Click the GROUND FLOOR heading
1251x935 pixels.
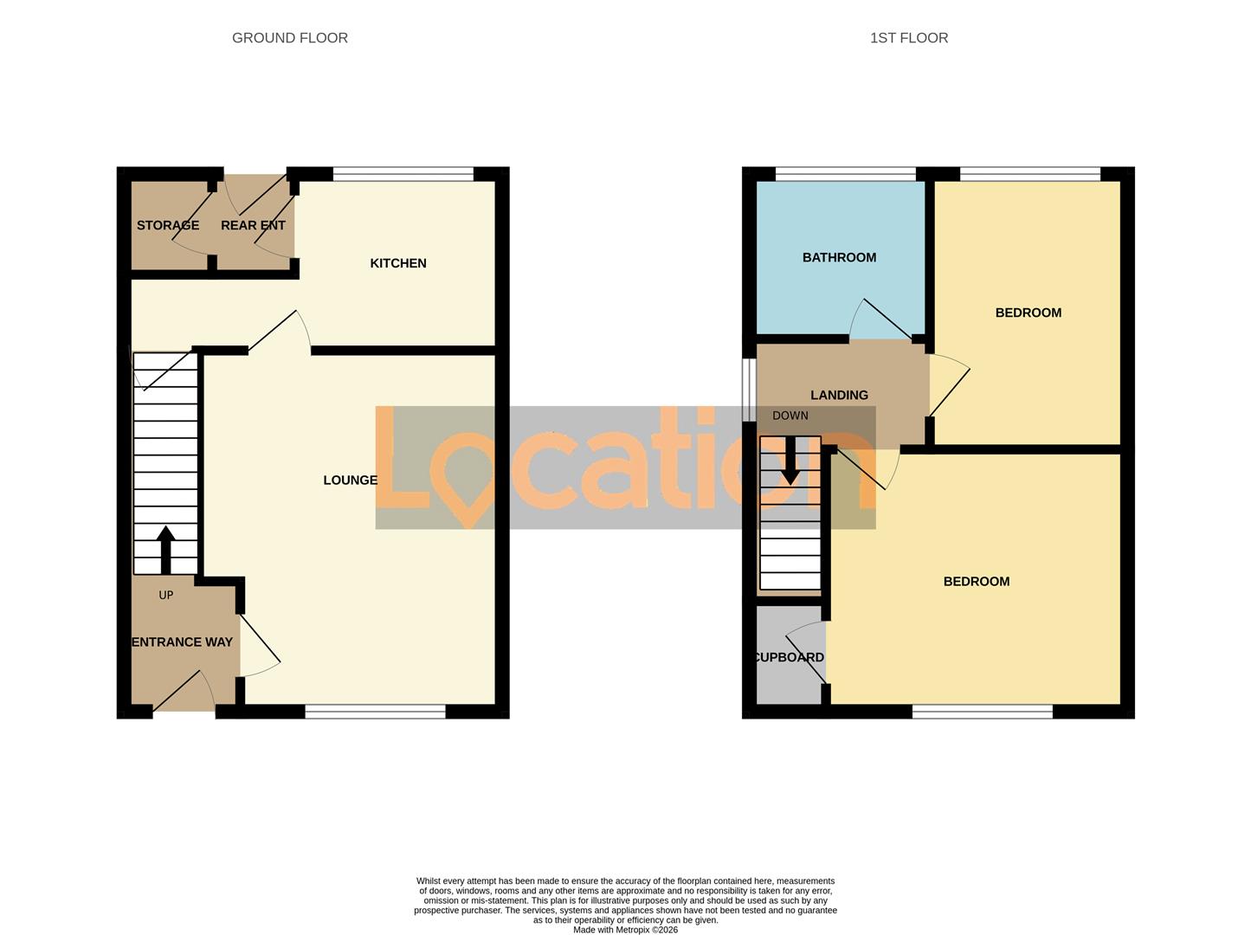pos(290,38)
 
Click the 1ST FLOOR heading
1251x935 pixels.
pos(909,38)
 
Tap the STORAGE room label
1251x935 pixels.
pos(168,225)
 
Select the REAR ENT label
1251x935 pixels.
pos(253,225)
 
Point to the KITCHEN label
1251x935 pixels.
pos(398,263)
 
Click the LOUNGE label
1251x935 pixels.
pos(350,480)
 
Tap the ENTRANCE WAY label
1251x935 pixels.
pos(183,642)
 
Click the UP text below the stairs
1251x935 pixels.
pos(166,595)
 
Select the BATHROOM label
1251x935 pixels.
pos(839,257)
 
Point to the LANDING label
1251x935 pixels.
pos(839,395)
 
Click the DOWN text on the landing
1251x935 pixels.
pos(790,416)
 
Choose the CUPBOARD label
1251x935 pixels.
pos(789,657)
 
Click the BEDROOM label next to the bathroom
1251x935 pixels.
pos(1028,313)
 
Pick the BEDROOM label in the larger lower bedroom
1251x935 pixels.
pos(976,582)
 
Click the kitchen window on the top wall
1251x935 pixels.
pos(403,174)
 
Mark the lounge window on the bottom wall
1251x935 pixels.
pos(375,712)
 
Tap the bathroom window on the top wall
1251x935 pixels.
pos(846,174)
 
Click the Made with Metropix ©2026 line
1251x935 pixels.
pos(625,930)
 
